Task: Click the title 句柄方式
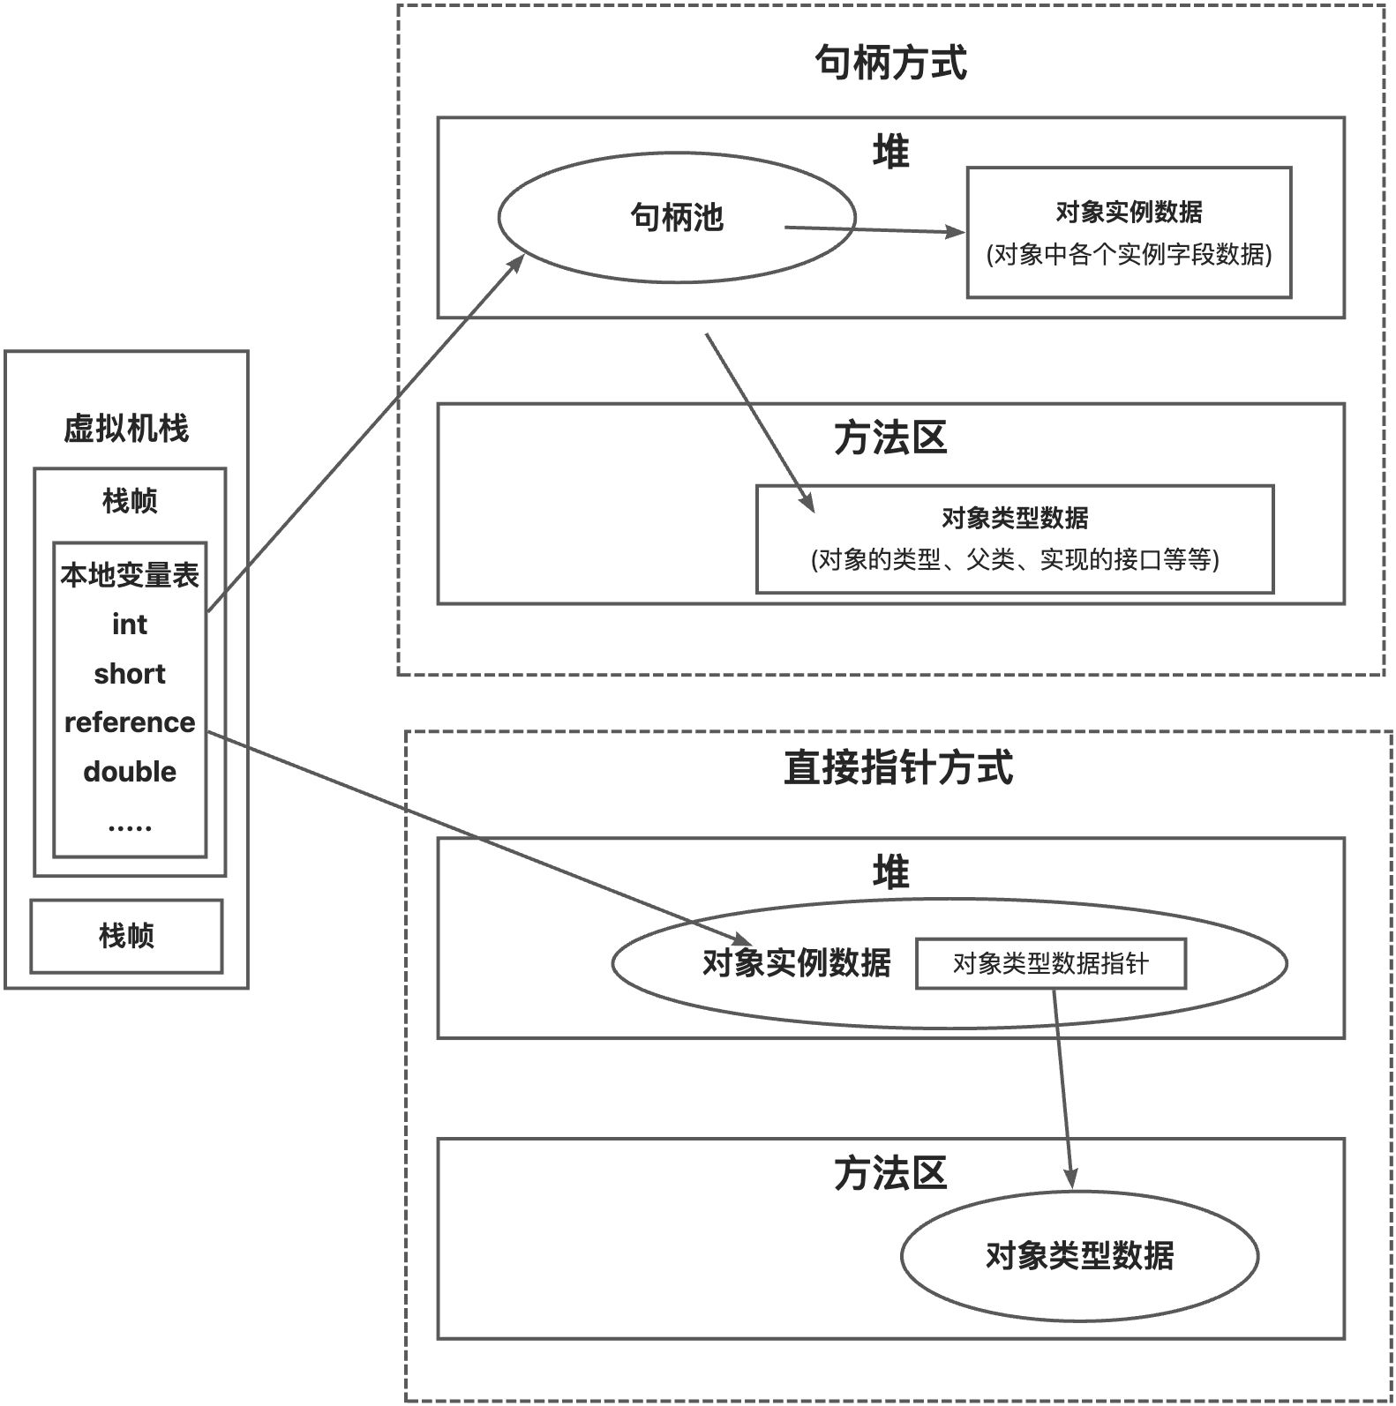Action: click(890, 64)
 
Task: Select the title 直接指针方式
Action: click(897, 767)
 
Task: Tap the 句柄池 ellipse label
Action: click(677, 217)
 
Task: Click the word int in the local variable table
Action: click(129, 624)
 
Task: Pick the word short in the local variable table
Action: click(129, 674)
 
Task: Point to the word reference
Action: click(129, 722)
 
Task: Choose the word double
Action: click(129, 772)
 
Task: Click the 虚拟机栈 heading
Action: click(126, 429)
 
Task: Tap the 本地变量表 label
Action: click(130, 575)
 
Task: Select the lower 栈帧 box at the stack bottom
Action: click(126, 936)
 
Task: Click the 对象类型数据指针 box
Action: click(1050, 963)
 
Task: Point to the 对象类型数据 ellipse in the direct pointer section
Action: click(1079, 1255)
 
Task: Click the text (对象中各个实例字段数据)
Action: click(1129, 255)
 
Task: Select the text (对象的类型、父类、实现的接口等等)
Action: click(1015, 560)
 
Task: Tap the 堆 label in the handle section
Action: click(890, 153)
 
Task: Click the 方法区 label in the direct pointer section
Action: click(890, 1174)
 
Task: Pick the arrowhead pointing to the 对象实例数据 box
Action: click(958, 232)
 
